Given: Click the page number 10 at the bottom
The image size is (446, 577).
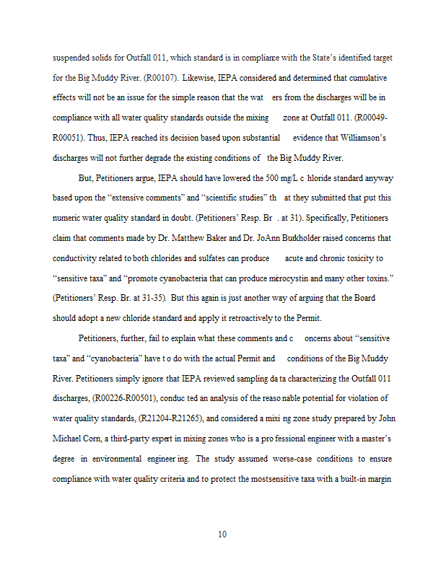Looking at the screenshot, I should (x=222, y=534).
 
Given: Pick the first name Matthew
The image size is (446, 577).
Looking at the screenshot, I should (x=195, y=238).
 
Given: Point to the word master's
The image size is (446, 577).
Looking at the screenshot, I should (x=370, y=439).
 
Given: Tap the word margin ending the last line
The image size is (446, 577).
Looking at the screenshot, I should (x=376, y=479).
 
